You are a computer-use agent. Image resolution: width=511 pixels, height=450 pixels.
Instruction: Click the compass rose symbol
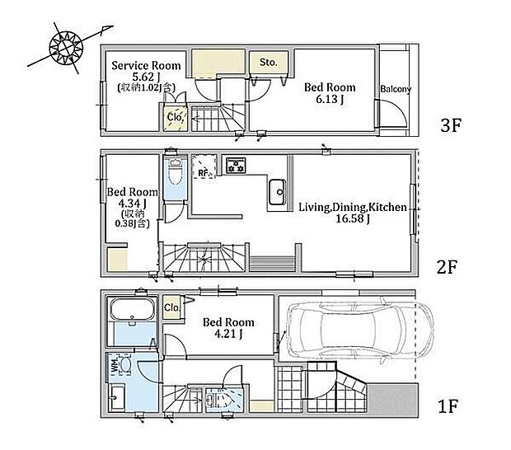click(66, 48)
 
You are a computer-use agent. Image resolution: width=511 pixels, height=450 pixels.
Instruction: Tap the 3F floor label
click(451, 125)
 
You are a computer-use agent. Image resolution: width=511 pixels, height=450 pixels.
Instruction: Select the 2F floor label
click(447, 267)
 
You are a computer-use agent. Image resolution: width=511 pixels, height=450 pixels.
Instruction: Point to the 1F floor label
click(448, 406)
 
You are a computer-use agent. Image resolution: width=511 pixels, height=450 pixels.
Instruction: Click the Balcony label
click(396, 89)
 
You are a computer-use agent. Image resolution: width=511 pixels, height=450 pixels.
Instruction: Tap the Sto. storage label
click(268, 62)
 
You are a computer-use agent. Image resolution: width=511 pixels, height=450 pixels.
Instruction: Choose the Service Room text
click(146, 65)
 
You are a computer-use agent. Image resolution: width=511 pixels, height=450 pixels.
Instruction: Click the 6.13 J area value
click(330, 99)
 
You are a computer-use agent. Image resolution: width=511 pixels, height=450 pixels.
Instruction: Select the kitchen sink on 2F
click(277, 192)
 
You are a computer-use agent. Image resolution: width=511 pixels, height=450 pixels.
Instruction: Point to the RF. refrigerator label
click(204, 173)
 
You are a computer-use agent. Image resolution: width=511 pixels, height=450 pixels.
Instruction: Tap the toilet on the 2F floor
click(176, 175)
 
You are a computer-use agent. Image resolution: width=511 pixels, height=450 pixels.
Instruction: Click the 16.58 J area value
click(352, 218)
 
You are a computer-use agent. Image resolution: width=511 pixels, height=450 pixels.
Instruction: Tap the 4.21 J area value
click(228, 334)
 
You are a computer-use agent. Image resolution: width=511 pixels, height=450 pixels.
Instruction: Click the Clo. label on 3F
click(175, 117)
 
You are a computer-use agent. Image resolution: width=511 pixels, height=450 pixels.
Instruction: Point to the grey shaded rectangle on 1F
click(393, 399)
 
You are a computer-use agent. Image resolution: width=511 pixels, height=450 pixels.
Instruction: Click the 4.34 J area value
click(132, 204)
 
